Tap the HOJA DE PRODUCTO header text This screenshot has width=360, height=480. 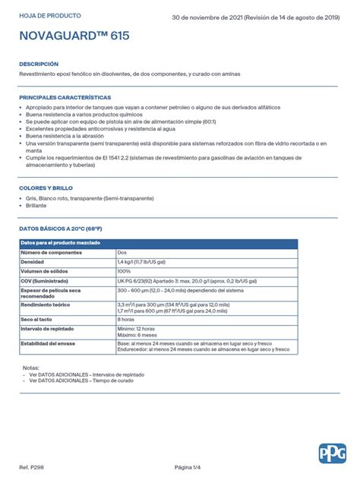click(x=50, y=15)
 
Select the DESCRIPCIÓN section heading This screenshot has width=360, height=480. click(x=39, y=64)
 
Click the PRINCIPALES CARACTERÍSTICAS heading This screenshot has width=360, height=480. click(x=65, y=97)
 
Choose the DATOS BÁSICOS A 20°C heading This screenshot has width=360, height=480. click(x=61, y=228)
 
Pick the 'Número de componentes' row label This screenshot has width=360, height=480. click(x=51, y=251)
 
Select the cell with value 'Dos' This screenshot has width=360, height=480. click(x=122, y=251)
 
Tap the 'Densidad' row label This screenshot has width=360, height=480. click(x=33, y=261)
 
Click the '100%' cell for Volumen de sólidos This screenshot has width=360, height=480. click(x=125, y=270)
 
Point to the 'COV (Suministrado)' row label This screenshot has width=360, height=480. click(x=46, y=280)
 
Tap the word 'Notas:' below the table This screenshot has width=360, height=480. click(x=31, y=367)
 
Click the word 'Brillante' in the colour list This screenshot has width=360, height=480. click(x=36, y=205)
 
